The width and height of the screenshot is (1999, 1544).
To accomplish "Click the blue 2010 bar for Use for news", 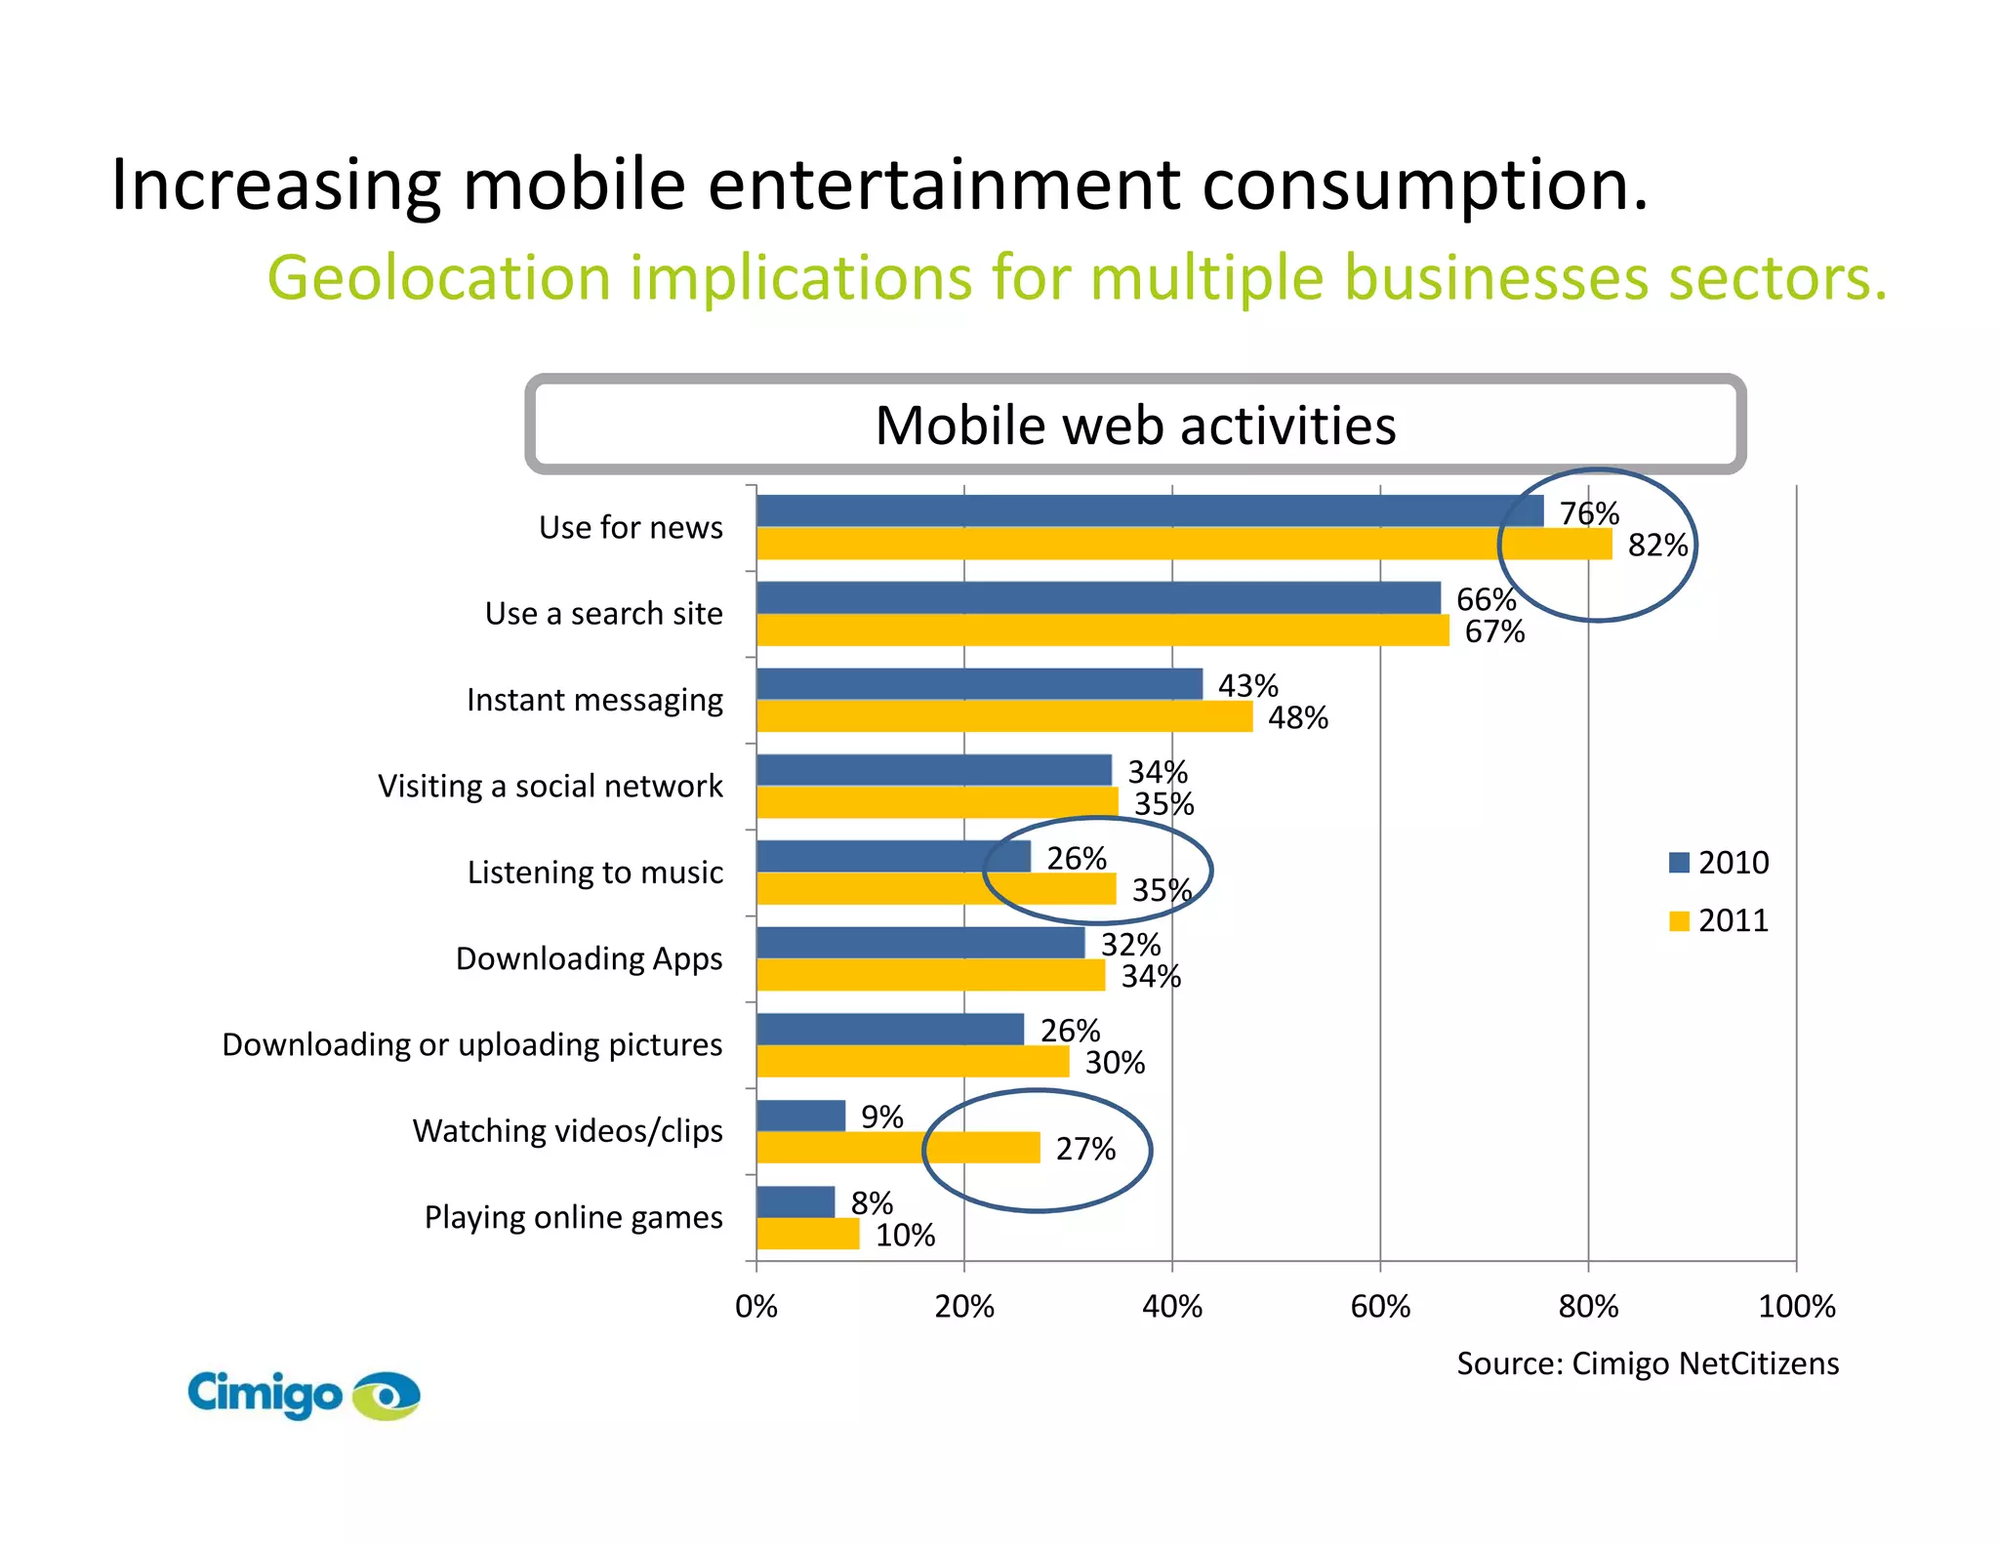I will tap(1149, 511).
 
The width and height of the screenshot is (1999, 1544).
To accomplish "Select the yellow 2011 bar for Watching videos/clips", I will tap(898, 1148).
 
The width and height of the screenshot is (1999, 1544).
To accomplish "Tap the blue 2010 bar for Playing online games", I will tap(796, 1201).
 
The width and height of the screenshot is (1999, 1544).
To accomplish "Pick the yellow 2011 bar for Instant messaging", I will tap(1003, 716).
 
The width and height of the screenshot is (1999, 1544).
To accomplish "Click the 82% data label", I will tap(1657, 545).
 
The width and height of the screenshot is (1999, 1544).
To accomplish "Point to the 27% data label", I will tap(1085, 1149).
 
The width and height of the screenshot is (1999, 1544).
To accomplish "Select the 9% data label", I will tap(881, 1117).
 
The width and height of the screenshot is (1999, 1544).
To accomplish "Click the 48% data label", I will tap(1297, 718).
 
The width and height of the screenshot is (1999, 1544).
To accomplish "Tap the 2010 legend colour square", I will tap(1679, 863).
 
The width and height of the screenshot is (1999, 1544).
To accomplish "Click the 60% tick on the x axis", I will tap(1380, 1306).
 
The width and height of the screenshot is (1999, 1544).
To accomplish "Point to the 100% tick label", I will tap(1796, 1306).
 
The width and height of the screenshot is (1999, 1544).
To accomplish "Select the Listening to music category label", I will tap(594, 872).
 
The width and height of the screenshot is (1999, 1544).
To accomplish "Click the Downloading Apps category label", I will tap(589, 958).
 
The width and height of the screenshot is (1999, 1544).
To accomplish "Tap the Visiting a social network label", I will tap(550, 786).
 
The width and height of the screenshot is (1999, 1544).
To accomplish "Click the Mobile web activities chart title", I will tap(1135, 426).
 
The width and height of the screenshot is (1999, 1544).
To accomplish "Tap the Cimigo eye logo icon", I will tap(387, 1396).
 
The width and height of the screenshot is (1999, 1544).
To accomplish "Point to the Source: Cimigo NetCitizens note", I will tap(1647, 1363).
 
